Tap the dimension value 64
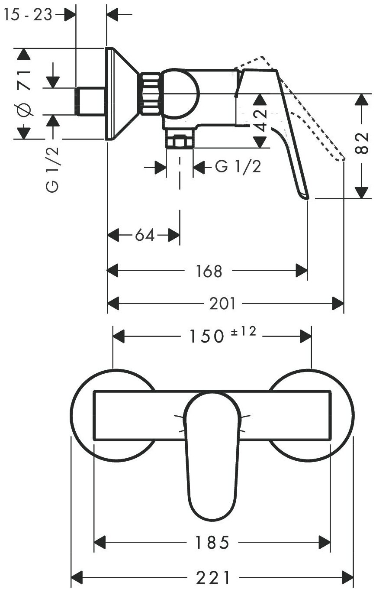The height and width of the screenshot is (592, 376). (x=145, y=236)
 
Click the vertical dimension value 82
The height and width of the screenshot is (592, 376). (x=364, y=142)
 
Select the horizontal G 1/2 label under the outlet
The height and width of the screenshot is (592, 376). (x=238, y=167)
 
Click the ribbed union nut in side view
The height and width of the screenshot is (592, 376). (x=150, y=94)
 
